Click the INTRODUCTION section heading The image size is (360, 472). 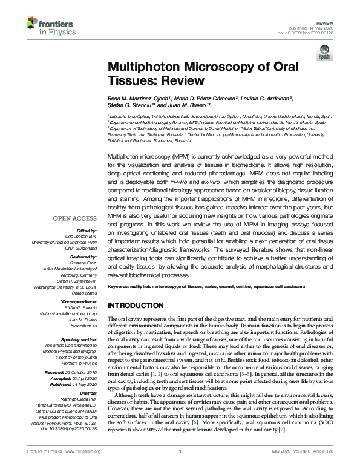click(135, 306)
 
